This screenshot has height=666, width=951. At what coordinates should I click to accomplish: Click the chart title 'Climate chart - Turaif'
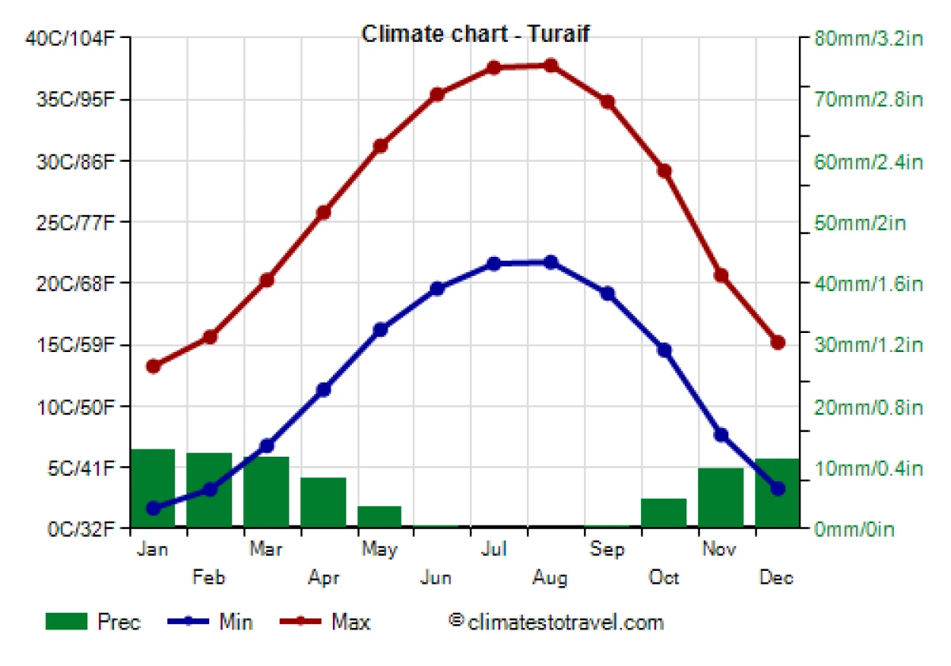(x=475, y=34)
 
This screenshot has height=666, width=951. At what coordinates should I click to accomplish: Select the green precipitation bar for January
(x=153, y=488)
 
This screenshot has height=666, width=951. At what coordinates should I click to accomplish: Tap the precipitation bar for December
(x=777, y=492)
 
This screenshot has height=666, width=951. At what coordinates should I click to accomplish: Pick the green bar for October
(x=664, y=512)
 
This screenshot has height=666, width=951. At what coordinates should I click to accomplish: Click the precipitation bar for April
(x=323, y=502)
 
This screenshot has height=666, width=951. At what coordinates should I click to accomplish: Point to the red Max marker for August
(x=551, y=65)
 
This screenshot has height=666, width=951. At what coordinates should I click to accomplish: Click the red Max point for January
(x=153, y=366)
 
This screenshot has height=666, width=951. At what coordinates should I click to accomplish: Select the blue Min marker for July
(x=494, y=263)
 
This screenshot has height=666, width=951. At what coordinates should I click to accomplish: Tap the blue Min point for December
(x=777, y=488)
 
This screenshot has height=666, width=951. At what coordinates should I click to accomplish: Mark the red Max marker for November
(x=721, y=275)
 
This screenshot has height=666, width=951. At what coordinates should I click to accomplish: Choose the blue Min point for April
(x=323, y=389)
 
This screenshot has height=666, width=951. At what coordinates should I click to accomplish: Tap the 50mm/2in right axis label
(x=860, y=222)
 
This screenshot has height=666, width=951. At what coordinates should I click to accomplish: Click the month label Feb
(x=209, y=578)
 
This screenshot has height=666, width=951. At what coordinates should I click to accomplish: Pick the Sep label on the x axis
(x=607, y=549)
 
